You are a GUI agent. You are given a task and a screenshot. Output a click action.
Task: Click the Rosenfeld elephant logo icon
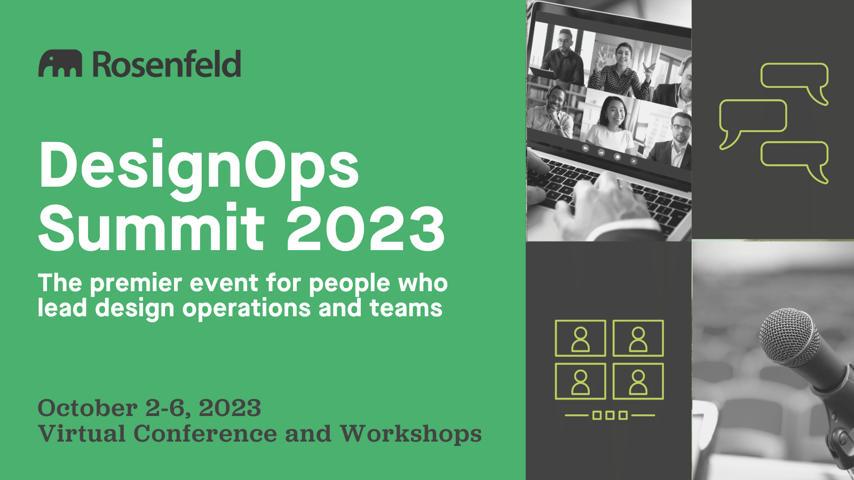click(x=60, y=63)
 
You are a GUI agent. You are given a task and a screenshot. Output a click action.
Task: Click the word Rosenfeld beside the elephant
click(x=167, y=63)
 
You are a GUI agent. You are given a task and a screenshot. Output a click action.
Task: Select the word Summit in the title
click(x=152, y=228)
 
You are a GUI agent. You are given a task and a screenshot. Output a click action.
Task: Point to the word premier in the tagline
click(x=136, y=284)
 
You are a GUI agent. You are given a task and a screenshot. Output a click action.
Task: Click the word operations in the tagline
click(x=247, y=309)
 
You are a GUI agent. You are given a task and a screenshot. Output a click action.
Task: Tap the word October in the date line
click(x=88, y=409)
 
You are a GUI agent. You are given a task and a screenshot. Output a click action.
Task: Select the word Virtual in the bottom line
click(x=82, y=434)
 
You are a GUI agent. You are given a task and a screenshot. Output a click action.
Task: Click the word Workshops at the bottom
click(x=411, y=435)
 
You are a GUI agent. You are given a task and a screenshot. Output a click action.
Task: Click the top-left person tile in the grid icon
click(x=580, y=338)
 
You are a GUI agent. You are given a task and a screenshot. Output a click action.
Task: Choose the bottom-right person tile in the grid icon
click(x=638, y=381)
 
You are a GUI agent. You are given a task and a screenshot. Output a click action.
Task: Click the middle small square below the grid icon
click(x=610, y=415)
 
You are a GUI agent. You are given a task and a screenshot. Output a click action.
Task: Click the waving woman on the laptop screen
click(x=621, y=70)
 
